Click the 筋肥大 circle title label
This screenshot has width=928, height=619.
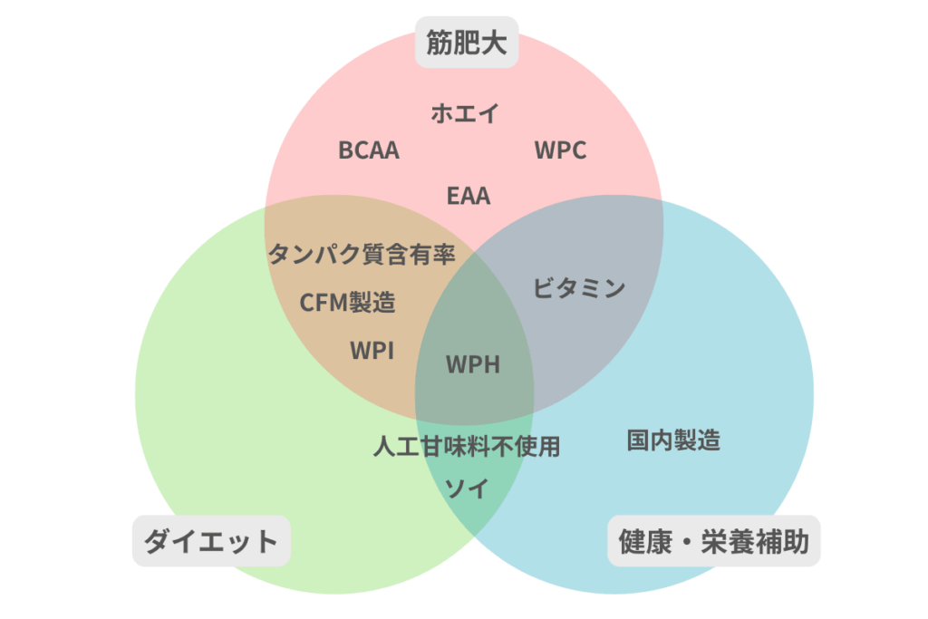(x=466, y=43)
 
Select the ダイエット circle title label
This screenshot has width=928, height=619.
(x=211, y=541)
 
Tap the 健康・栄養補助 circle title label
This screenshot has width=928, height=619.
(x=713, y=541)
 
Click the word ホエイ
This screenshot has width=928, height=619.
(x=465, y=113)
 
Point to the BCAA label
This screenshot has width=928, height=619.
(x=369, y=150)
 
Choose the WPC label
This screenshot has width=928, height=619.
(x=560, y=150)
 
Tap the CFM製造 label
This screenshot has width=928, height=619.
(x=348, y=302)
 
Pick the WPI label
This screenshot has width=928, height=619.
(x=372, y=350)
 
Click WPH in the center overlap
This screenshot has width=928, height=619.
(x=473, y=364)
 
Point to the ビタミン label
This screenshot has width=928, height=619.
(x=578, y=289)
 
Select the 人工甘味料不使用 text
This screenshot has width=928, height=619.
(x=467, y=446)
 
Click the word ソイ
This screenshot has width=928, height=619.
(x=467, y=488)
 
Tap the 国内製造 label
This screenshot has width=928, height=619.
(x=673, y=440)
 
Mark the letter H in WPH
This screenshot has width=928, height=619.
(x=490, y=364)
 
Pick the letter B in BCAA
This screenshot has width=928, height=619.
(x=345, y=150)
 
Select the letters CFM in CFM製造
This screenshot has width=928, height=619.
(x=324, y=302)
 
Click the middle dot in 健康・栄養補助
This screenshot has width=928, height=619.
(x=689, y=541)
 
